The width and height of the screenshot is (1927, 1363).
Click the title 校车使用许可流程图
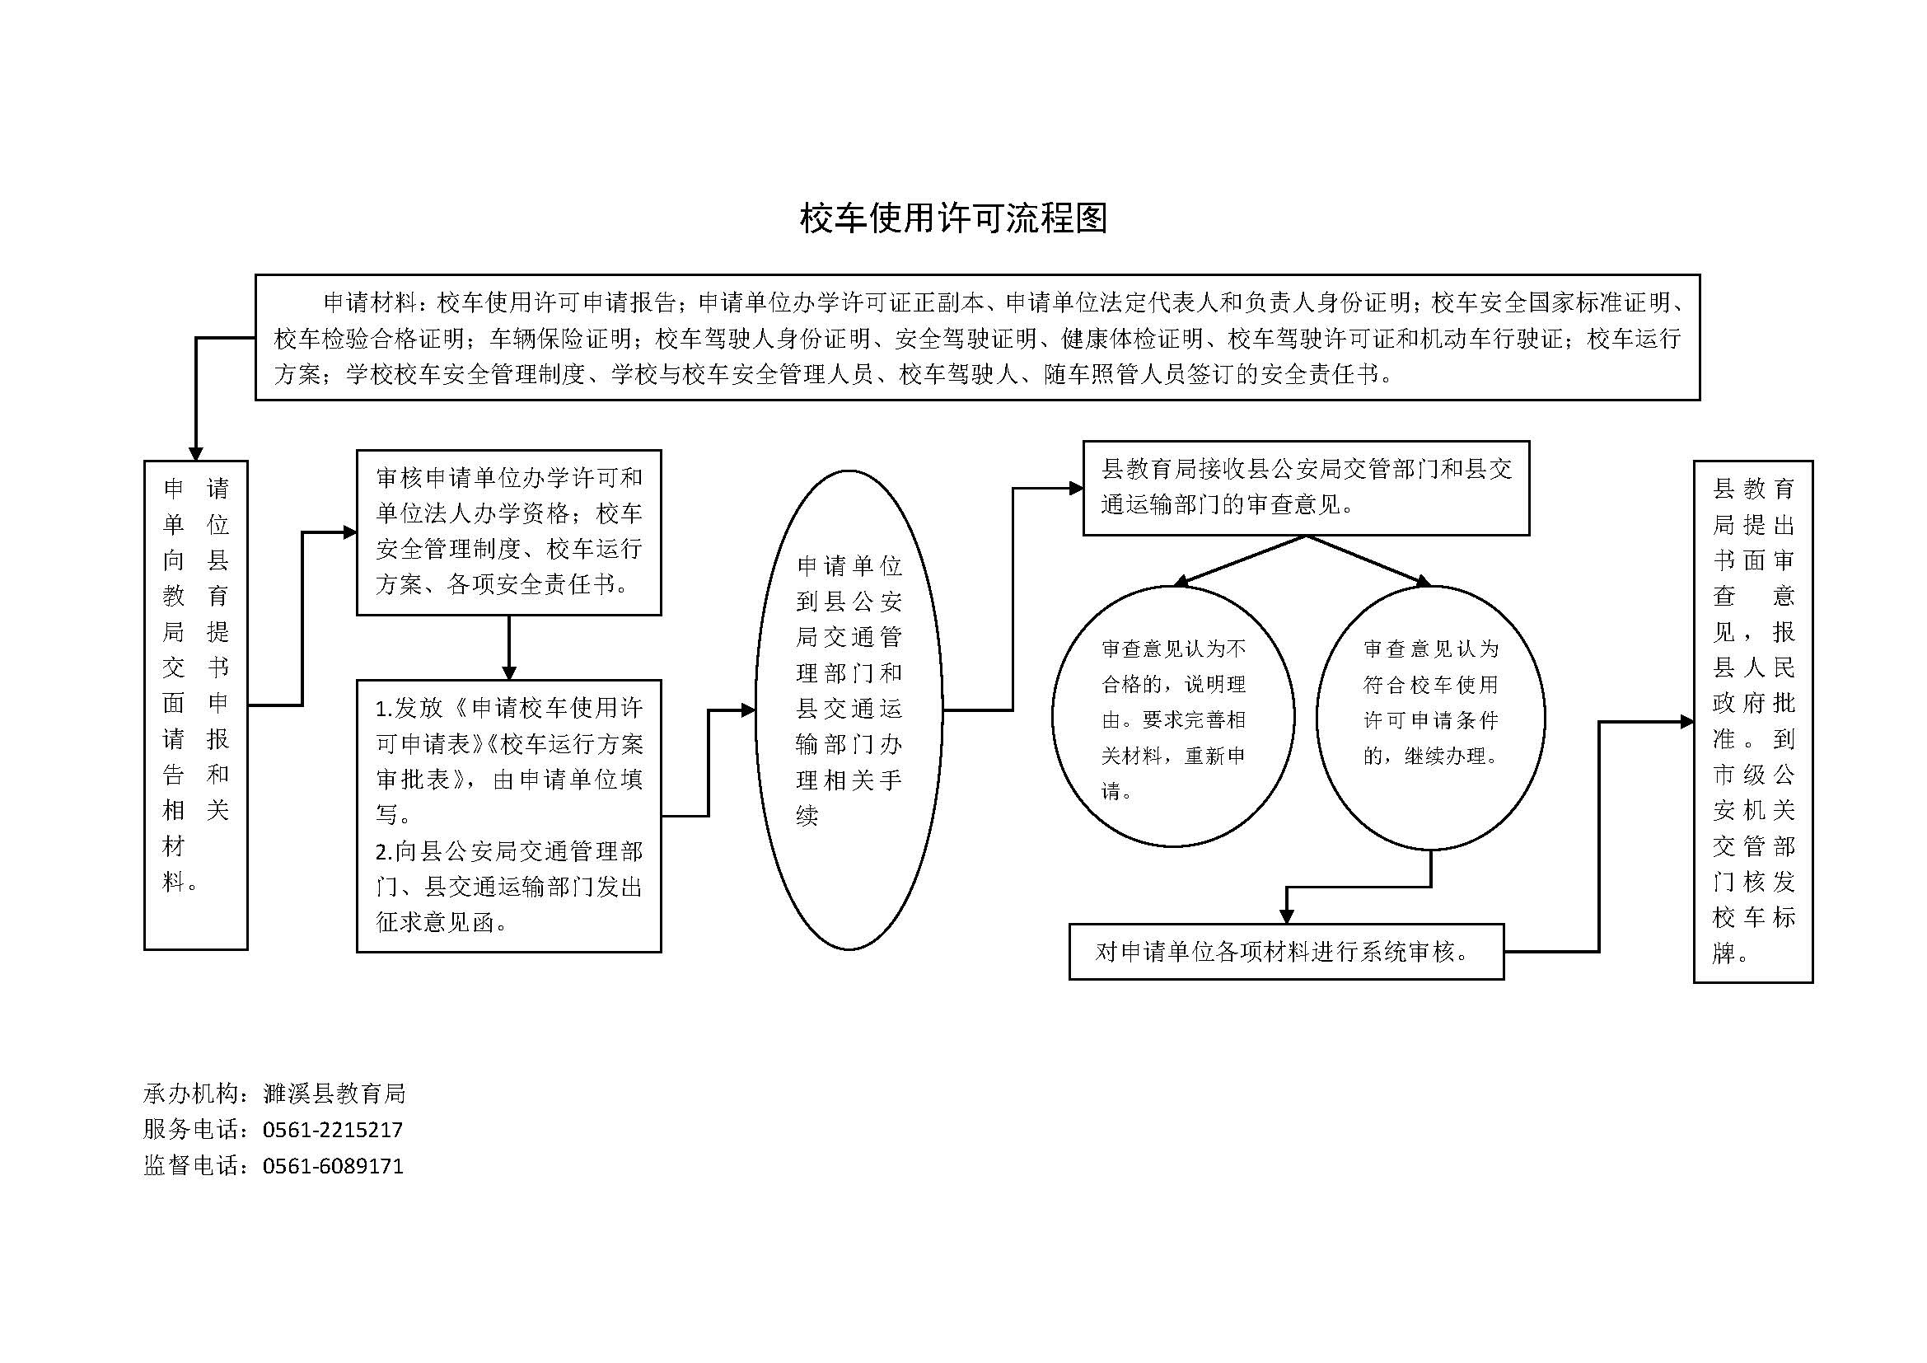(953, 218)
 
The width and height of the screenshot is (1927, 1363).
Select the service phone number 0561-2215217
(333, 1130)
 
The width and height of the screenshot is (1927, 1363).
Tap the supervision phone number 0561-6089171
(333, 1166)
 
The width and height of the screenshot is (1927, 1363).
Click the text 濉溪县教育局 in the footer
(334, 1093)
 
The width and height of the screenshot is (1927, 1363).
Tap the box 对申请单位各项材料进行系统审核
(1286, 952)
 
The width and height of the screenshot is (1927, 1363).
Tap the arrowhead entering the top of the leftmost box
(195, 453)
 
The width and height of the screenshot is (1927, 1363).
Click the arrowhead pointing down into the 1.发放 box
(508, 672)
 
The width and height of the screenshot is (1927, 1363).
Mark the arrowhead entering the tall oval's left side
(747, 710)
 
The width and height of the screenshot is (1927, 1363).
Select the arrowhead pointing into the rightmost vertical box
(1686, 722)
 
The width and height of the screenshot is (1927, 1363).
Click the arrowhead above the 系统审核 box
(1286, 916)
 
